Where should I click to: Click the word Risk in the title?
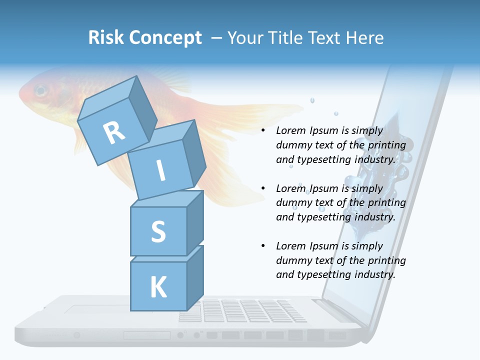[x=106, y=38]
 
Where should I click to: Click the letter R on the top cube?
[x=114, y=132]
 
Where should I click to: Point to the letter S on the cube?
[x=158, y=231]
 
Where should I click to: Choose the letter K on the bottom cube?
[x=158, y=287]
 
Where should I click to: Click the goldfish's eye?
[x=40, y=91]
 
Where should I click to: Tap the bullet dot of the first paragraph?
[x=263, y=131]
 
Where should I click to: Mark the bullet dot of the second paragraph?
[x=263, y=188]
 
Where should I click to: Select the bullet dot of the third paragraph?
[x=263, y=246]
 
